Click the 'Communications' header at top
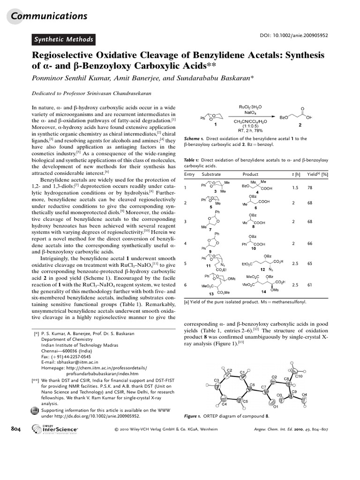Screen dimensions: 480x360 click(x=49, y=16)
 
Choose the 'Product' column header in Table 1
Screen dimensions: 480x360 click(x=250, y=174)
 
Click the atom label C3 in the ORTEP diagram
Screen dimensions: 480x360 click(x=217, y=380)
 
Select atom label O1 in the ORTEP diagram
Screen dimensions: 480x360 click(x=276, y=406)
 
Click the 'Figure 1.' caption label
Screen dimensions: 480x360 click(x=192, y=416)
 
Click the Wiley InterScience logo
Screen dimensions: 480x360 click(x=54, y=429)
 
